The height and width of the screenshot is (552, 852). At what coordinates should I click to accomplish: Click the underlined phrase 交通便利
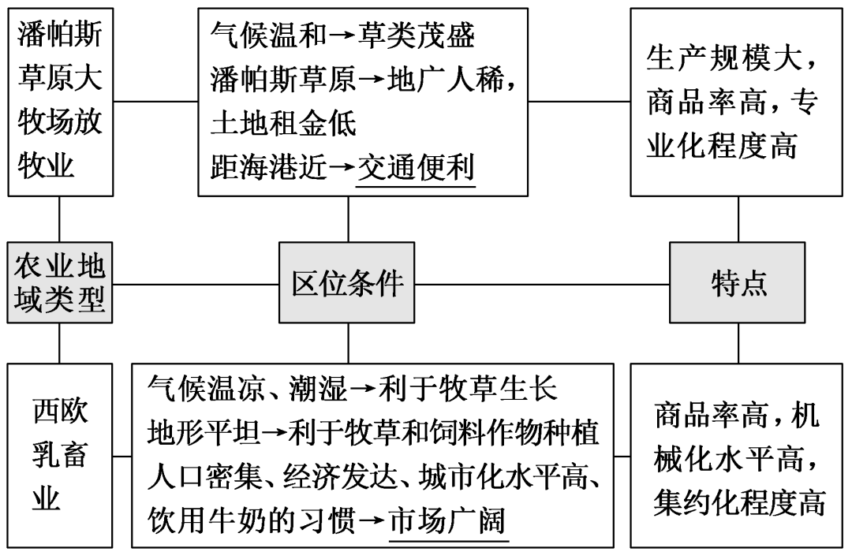click(x=416, y=169)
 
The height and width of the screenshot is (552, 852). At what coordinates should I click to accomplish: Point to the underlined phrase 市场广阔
click(x=447, y=521)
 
